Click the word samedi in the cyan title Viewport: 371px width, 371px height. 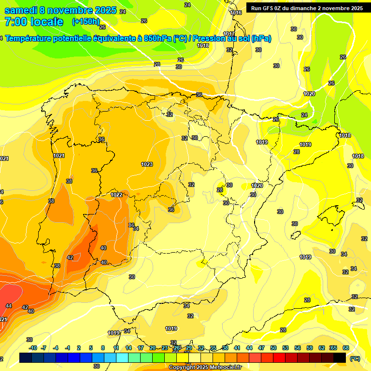[x=21, y=10]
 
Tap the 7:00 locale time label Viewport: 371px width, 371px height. [x=33, y=22]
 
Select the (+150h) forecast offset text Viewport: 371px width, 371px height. [x=86, y=21]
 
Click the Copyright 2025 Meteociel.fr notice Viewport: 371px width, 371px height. [x=205, y=367]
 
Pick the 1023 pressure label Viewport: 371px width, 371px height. [x=147, y=164]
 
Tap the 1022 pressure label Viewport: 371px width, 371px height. [x=116, y=195]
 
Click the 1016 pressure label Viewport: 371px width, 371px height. [x=236, y=13]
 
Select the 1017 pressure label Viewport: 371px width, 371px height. [x=229, y=34]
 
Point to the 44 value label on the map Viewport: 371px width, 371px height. [x=9, y=306]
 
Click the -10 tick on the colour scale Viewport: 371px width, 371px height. [x=33, y=348]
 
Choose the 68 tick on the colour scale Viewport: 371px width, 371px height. [x=346, y=348]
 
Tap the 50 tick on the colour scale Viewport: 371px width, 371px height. [x=273, y=348]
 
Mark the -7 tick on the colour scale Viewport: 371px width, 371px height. [x=43, y=348]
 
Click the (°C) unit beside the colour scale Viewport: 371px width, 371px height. [x=355, y=358]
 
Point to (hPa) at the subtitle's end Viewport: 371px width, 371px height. [x=261, y=39]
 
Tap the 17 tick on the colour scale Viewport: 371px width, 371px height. [x=141, y=348]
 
